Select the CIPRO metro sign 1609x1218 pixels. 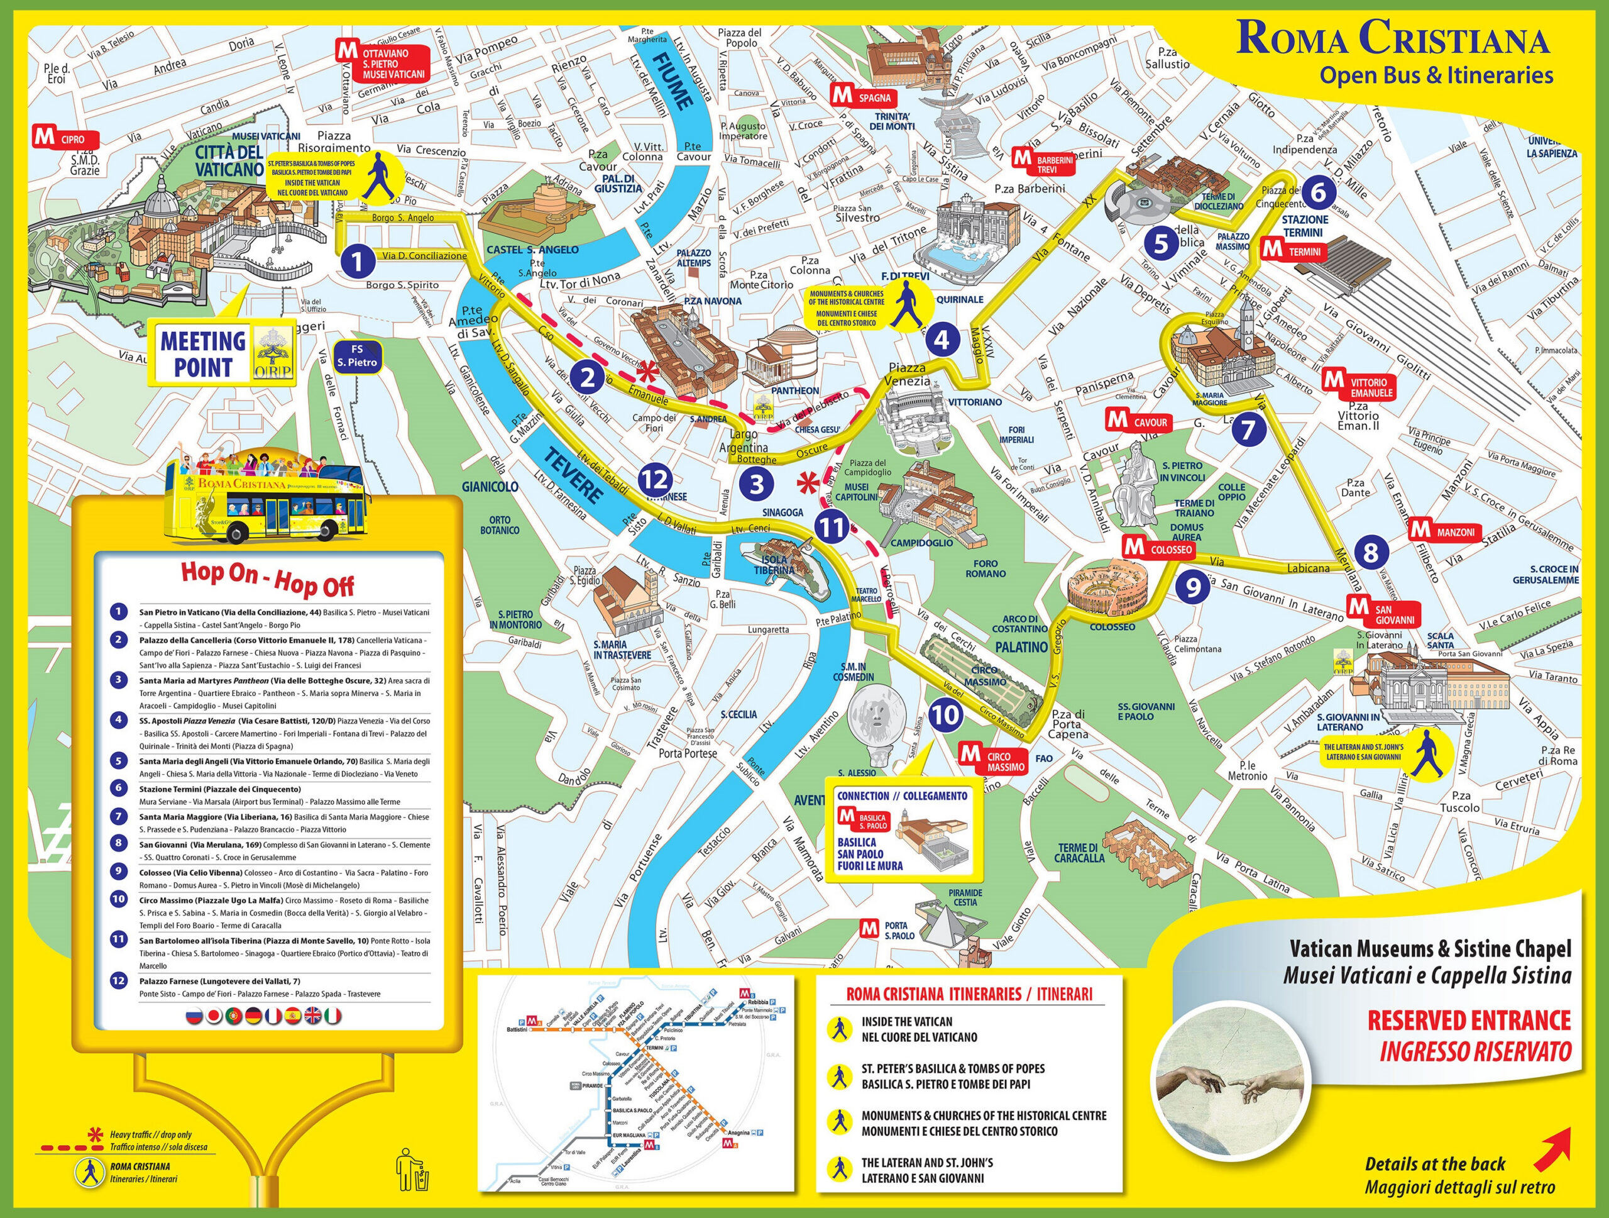click(x=65, y=138)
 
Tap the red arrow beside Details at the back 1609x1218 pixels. click(x=1552, y=1145)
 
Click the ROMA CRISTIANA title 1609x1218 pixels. click(x=1392, y=38)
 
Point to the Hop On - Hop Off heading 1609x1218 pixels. click(x=268, y=579)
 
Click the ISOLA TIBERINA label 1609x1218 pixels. click(x=776, y=565)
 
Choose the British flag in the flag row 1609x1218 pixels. click(x=313, y=1016)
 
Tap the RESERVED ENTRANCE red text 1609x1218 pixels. click(x=1469, y=1021)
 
